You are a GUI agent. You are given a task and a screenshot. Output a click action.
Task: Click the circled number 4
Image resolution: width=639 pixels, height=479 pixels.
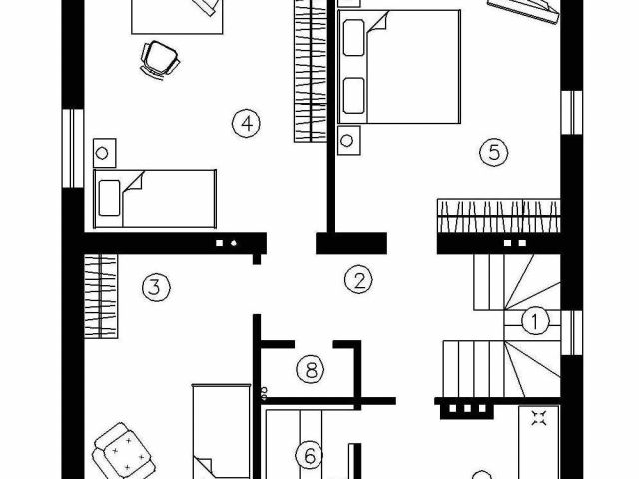click(245, 123)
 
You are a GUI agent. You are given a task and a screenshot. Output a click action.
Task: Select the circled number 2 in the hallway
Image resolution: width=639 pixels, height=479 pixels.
click(357, 279)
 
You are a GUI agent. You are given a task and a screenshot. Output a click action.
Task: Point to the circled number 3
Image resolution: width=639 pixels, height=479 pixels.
click(152, 288)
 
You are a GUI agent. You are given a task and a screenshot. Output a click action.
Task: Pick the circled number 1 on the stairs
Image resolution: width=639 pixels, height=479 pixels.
click(535, 321)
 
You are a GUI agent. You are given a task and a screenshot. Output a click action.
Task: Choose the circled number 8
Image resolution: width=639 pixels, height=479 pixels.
click(312, 371)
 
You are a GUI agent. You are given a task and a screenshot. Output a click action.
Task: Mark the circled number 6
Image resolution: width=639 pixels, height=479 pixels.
click(310, 456)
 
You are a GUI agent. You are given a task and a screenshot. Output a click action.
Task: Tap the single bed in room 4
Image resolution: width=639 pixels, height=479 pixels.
click(155, 196)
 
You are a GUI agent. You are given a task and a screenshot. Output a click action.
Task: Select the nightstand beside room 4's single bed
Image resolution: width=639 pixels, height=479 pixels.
click(104, 153)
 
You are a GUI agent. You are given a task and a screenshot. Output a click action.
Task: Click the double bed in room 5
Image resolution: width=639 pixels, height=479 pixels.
click(400, 67)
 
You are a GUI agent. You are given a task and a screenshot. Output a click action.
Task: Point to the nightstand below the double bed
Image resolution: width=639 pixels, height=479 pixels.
click(348, 139)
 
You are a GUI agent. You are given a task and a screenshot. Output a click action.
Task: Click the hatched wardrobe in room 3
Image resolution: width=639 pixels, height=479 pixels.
click(100, 296)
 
